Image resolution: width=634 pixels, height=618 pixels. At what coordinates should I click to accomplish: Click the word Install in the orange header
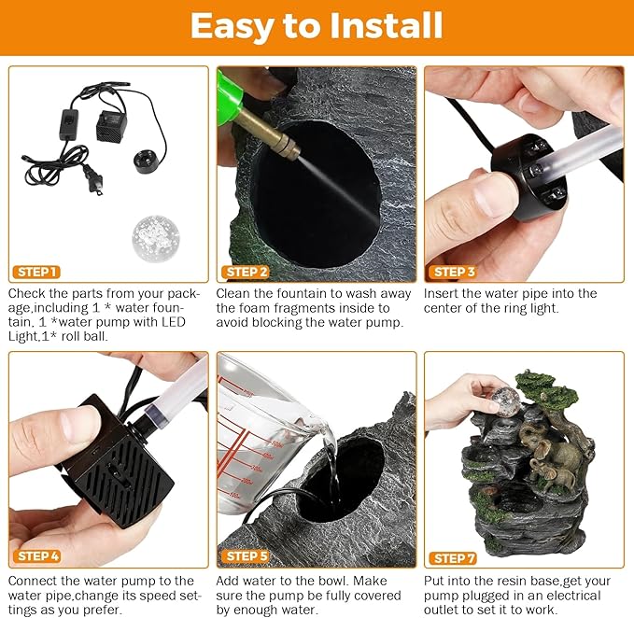pyautogui.click(x=386, y=25)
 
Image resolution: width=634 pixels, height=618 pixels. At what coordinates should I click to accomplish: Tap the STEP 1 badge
pyautogui.click(x=36, y=272)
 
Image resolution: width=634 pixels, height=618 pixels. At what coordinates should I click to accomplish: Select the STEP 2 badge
pyautogui.click(x=245, y=272)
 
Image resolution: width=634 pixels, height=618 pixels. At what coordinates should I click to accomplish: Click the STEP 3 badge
pyautogui.click(x=453, y=272)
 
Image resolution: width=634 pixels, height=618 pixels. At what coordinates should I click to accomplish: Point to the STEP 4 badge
pyautogui.click(x=37, y=556)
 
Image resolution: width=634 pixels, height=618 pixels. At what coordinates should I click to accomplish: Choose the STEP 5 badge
pyautogui.click(x=246, y=556)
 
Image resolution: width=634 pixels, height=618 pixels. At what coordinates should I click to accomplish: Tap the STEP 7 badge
pyautogui.click(x=453, y=558)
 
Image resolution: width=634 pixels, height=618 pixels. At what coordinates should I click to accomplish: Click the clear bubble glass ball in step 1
pyautogui.click(x=156, y=239)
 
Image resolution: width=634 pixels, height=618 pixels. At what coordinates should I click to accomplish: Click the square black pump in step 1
pyautogui.click(x=111, y=126)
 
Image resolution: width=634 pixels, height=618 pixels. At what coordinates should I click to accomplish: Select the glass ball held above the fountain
pyautogui.click(x=504, y=401)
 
